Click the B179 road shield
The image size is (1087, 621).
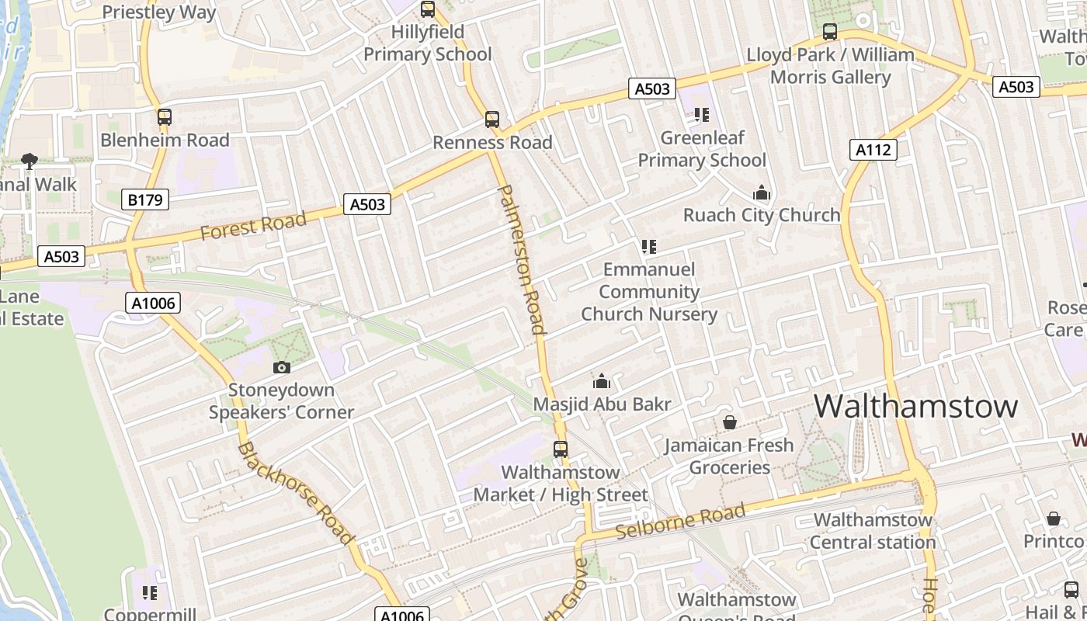click(145, 200)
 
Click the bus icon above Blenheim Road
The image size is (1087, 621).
click(165, 117)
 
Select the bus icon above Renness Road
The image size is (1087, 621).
click(492, 120)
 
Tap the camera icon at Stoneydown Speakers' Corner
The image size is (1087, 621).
click(281, 367)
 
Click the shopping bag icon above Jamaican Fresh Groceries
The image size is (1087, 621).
click(729, 422)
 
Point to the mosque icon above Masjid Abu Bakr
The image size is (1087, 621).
click(602, 381)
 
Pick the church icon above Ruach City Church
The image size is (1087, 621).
click(762, 193)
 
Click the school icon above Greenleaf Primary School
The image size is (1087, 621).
click(702, 115)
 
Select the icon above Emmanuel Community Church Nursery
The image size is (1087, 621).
click(649, 247)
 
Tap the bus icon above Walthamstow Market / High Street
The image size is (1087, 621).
click(561, 449)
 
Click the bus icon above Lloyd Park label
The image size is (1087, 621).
click(830, 32)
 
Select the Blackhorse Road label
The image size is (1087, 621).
click(296, 492)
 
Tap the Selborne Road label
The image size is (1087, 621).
click(681, 522)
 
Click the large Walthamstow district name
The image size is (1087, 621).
click(915, 406)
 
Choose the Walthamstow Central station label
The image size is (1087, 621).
click(873, 531)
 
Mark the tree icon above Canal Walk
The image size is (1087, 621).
click(30, 161)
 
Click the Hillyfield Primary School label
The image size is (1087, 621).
click(428, 43)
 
